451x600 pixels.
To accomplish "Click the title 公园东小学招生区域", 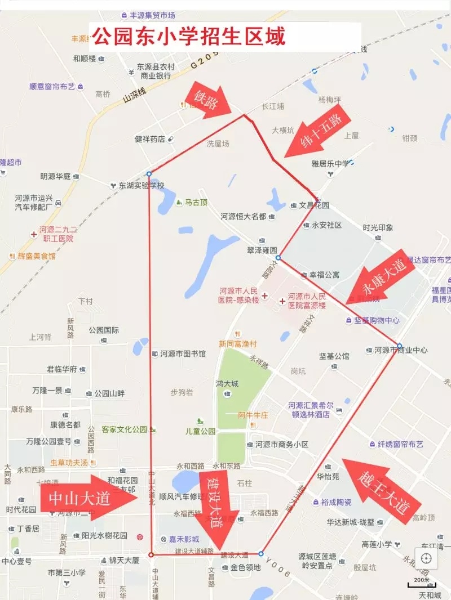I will pos(189,37).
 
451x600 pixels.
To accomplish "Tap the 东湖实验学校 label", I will pos(141,185).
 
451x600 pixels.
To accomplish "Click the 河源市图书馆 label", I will pos(183,354).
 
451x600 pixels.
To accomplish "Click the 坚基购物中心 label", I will pos(377,320).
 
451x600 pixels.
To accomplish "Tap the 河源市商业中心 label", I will pos(400,350).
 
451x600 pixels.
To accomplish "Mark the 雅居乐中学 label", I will pos(330,164).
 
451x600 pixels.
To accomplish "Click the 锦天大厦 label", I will pos(124,561).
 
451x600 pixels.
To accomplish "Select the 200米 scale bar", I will pos(422,580).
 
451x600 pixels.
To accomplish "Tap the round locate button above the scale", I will pos(426,558).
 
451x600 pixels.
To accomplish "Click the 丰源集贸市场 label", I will pos(152,15).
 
